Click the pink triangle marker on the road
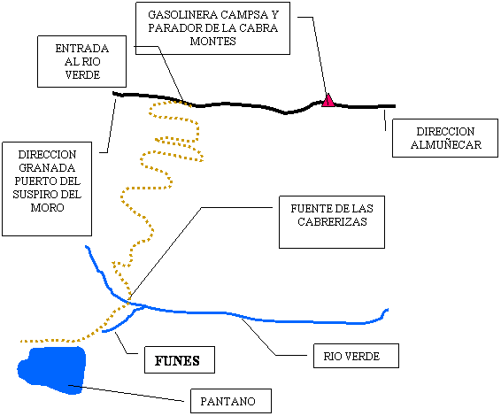tap(328, 101)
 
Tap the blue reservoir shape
tap(53, 369)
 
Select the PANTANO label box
tap(231, 401)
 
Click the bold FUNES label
tap(177, 361)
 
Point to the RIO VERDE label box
tap(356, 356)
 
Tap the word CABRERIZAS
tap(332, 222)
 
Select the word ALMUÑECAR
tap(446, 145)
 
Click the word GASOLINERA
tap(183, 15)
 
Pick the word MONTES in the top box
tap(212, 42)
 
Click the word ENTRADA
tap(82, 49)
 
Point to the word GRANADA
tap(47, 168)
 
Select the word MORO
tap(47, 208)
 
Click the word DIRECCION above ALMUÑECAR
tap(445, 132)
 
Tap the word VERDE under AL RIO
tap(82, 75)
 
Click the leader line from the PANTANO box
tap(127, 393)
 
